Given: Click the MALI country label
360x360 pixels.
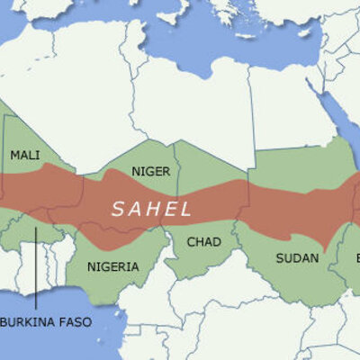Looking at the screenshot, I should pos(25,155).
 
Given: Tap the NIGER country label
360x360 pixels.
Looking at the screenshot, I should pos(150,171).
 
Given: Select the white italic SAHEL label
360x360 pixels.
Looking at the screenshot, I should pos(152,209).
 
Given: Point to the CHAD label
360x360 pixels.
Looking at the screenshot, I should pos(203,241).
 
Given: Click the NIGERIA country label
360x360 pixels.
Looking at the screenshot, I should pos(114,266).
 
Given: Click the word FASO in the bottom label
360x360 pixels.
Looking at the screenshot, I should pos(75,321).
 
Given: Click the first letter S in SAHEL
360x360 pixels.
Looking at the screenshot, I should pos(117,209).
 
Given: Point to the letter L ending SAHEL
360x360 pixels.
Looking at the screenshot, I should pos(186,209).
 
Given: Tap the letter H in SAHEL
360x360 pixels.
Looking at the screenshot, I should pos(152,209).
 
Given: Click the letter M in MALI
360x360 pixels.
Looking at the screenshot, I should pos(15,155).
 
